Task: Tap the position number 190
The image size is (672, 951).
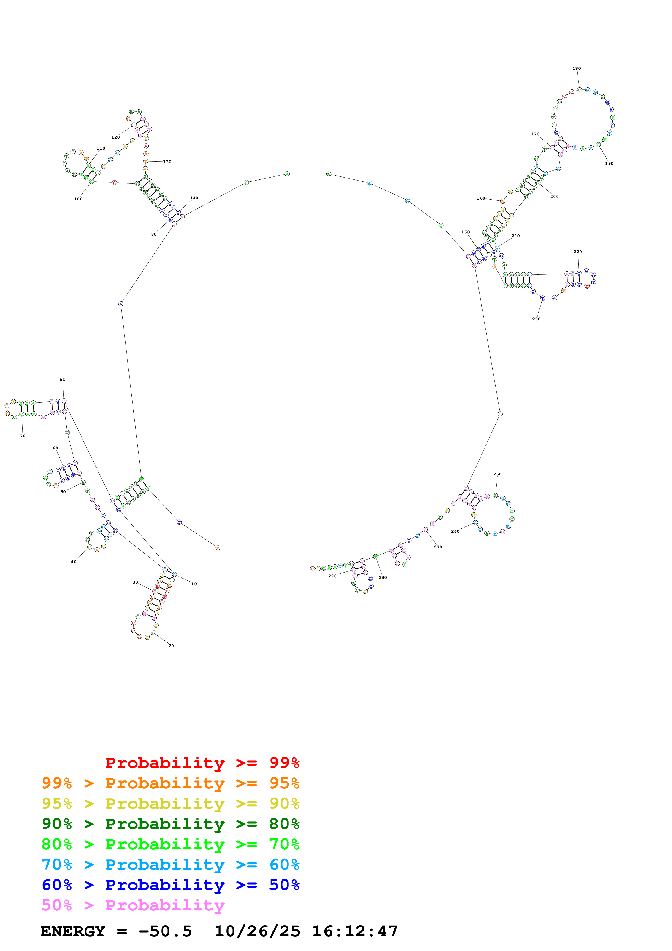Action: [609, 164]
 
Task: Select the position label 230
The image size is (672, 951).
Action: [536, 319]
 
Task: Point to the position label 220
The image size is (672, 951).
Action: [578, 252]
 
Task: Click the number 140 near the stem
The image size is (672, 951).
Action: [194, 198]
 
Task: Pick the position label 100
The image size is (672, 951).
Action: [78, 199]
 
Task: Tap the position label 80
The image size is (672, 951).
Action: [63, 380]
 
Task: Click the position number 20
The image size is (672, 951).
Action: [171, 646]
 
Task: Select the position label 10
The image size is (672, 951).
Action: [194, 584]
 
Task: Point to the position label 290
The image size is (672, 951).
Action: [333, 576]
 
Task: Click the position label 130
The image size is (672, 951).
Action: [167, 162]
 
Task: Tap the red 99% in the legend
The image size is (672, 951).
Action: [284, 763]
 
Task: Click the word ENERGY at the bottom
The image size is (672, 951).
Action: [73, 931]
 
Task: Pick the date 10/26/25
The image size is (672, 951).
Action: [257, 931]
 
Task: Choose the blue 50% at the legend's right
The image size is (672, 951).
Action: [284, 885]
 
